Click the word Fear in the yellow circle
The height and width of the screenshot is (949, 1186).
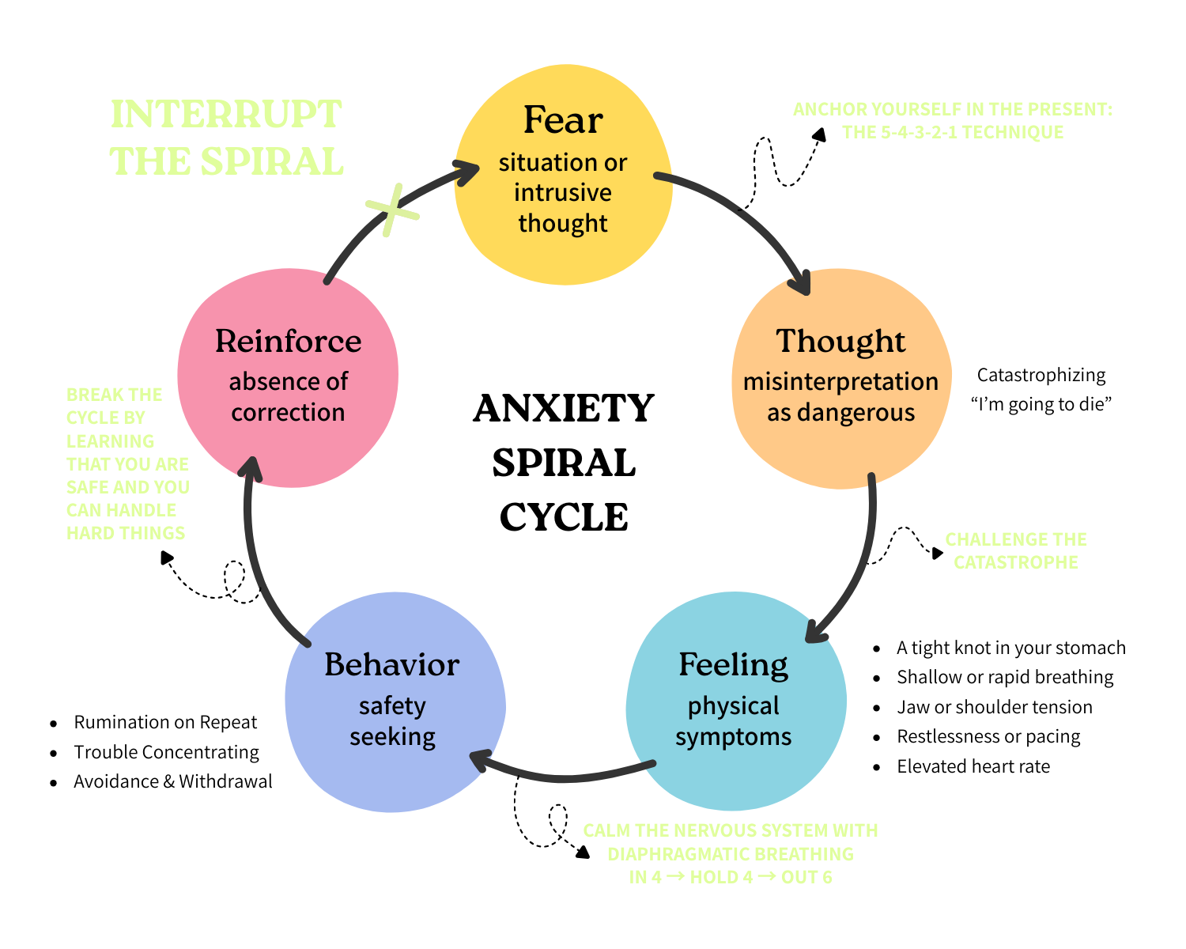point(563,120)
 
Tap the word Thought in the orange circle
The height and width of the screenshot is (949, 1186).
point(840,341)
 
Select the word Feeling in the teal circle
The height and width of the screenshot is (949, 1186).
point(733,665)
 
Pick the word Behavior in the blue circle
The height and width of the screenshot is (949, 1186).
point(391,665)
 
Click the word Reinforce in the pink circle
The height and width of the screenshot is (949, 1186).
point(288,341)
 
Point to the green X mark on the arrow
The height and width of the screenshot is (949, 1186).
point(391,210)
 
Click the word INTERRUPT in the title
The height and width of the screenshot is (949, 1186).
point(226,115)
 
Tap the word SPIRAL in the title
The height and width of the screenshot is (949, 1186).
point(271,162)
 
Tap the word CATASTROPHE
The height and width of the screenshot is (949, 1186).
point(1015,562)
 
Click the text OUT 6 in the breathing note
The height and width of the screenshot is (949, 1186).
point(806,877)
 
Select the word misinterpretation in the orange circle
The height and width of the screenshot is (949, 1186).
point(840,381)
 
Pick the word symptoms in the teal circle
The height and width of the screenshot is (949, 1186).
point(733,737)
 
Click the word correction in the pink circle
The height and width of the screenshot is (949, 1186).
point(288,413)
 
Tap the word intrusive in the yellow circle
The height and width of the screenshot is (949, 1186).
point(563,193)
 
